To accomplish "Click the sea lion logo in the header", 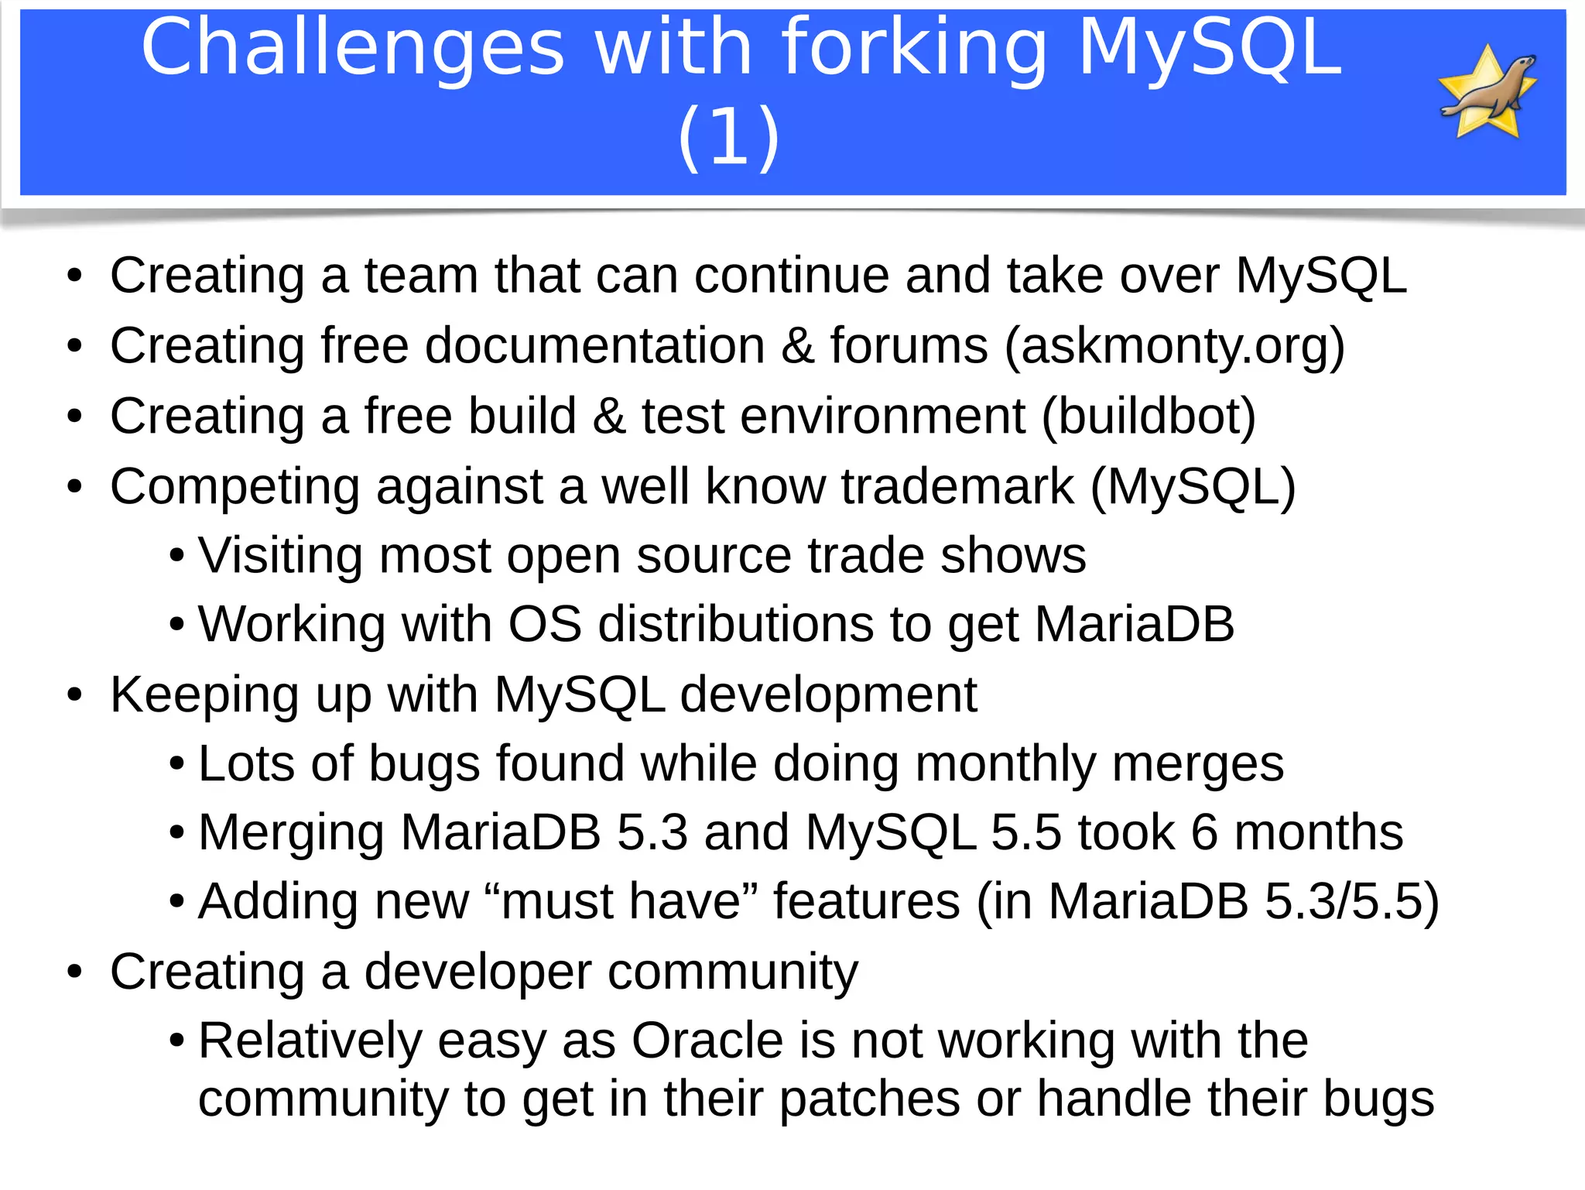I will [x=1487, y=92].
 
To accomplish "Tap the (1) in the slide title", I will [x=728, y=137].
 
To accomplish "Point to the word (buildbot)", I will [x=1149, y=417].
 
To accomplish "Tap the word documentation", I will [x=595, y=345].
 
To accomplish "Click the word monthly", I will [x=1005, y=763].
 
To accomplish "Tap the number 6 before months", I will [x=1204, y=832].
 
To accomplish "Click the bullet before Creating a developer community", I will [x=74, y=972].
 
